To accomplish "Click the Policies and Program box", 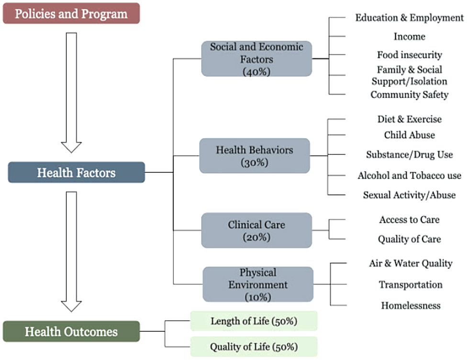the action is coord(71,13).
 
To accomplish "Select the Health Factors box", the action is coord(76,173).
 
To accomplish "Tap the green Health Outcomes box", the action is coord(71,331).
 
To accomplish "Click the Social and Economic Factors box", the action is coord(257,59).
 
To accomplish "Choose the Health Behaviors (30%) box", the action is coord(255,156).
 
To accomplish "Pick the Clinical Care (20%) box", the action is coord(257,230).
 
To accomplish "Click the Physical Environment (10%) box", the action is coord(258,284).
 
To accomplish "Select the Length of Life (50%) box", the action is coord(254,321).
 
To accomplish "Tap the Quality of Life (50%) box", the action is coord(254,347).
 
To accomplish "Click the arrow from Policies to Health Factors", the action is coord(71,93).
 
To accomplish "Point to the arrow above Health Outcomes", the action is coord(71,252).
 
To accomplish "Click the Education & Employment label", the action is coord(410,18).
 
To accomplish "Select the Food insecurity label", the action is coord(410,55).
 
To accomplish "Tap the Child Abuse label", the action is coord(410,135).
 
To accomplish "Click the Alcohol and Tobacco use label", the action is coord(410,175).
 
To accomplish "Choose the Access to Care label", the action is coord(410,219).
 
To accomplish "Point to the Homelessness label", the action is coord(411,305).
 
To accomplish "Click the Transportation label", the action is coord(411,285).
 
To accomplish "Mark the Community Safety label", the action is coord(410,95).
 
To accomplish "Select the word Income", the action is coord(410,36).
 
